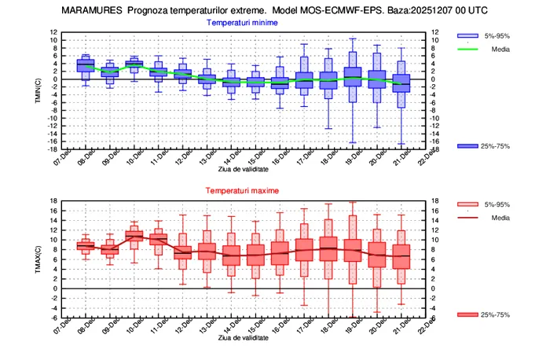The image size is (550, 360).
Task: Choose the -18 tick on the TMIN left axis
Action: [53, 149]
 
